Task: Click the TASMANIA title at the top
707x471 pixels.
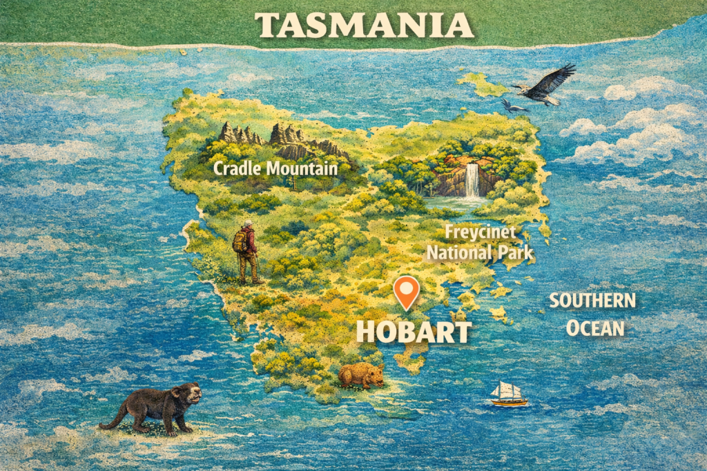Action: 365,26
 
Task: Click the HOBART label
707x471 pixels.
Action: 413,332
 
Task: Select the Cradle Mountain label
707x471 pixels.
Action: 275,168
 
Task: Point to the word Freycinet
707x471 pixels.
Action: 476,232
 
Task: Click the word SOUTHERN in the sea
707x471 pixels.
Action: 592,301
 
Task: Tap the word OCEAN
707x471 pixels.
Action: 595,328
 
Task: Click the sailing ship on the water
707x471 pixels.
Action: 508,394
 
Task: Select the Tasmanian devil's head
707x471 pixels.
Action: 186,395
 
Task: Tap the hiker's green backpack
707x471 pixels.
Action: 240,241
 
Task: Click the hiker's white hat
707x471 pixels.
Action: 249,224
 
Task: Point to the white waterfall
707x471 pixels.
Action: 472,180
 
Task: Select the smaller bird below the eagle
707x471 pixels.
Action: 513,106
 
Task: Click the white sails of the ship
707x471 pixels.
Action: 507,390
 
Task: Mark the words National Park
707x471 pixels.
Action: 480,253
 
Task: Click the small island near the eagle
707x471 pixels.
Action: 483,86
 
